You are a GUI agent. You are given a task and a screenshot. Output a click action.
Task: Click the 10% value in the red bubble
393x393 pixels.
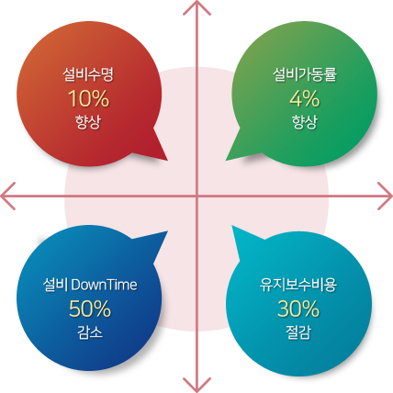click(89, 98)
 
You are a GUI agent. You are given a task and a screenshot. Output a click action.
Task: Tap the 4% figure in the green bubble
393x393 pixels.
click(305, 98)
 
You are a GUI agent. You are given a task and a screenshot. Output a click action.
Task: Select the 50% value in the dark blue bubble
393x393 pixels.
click(90, 309)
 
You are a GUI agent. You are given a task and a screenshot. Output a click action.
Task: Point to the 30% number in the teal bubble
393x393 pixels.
click(298, 309)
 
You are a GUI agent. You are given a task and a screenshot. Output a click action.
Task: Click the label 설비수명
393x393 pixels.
click(88, 74)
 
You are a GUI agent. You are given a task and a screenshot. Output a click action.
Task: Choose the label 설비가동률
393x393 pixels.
click(305, 74)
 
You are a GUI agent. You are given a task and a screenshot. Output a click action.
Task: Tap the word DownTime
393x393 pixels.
click(104, 285)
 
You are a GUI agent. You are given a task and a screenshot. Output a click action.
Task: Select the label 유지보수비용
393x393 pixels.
click(298, 285)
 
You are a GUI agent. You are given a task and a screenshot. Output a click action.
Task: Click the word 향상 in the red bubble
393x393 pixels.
click(88, 122)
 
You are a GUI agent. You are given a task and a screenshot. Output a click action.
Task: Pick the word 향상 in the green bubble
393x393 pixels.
click(305, 122)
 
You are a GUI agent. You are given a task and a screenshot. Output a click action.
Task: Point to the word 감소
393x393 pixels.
click(90, 332)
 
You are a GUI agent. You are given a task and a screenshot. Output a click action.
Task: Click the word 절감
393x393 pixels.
click(298, 332)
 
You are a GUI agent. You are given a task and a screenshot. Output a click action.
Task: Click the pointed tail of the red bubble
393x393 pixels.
click(167, 160)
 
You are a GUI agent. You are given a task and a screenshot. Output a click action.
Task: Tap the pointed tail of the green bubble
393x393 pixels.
click(226, 160)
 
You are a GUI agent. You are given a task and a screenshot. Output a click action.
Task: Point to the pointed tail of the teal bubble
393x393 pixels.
click(232, 226)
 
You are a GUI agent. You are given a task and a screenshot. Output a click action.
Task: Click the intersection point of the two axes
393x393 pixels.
click(196, 196)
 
